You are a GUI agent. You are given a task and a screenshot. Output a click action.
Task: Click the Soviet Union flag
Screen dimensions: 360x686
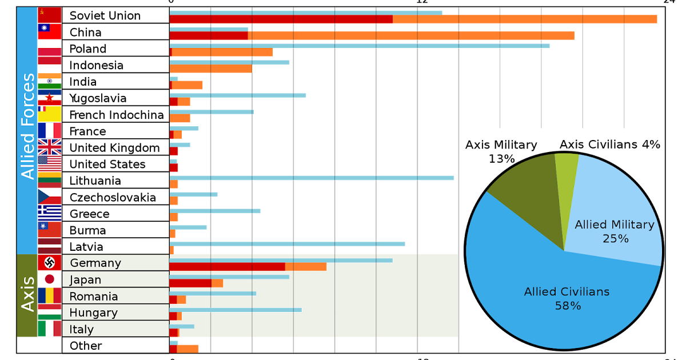49,15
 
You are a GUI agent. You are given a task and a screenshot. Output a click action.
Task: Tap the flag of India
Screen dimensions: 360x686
49,81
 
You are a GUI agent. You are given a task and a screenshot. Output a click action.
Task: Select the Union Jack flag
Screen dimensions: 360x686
49,147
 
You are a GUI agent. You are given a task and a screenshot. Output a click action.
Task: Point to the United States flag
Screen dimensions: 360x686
49,163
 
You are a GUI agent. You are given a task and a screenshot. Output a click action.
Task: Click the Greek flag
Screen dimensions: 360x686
49,213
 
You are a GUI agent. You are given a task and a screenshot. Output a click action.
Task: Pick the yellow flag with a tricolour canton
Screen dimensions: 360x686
49,114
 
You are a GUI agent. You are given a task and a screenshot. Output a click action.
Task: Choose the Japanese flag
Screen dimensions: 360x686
49,279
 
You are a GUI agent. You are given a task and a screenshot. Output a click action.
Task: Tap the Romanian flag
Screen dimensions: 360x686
49,295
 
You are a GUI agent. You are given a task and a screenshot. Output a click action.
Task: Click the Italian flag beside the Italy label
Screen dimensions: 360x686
49,329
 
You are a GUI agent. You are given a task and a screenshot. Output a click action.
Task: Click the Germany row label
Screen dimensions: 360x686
95,263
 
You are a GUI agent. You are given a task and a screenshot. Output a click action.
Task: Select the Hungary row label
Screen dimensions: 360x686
93,313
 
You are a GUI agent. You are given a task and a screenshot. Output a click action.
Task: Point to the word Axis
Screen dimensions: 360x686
27,295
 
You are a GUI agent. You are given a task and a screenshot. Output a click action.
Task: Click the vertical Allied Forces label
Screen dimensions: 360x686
27,126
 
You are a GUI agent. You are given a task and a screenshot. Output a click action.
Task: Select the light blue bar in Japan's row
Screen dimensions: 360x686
229,277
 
